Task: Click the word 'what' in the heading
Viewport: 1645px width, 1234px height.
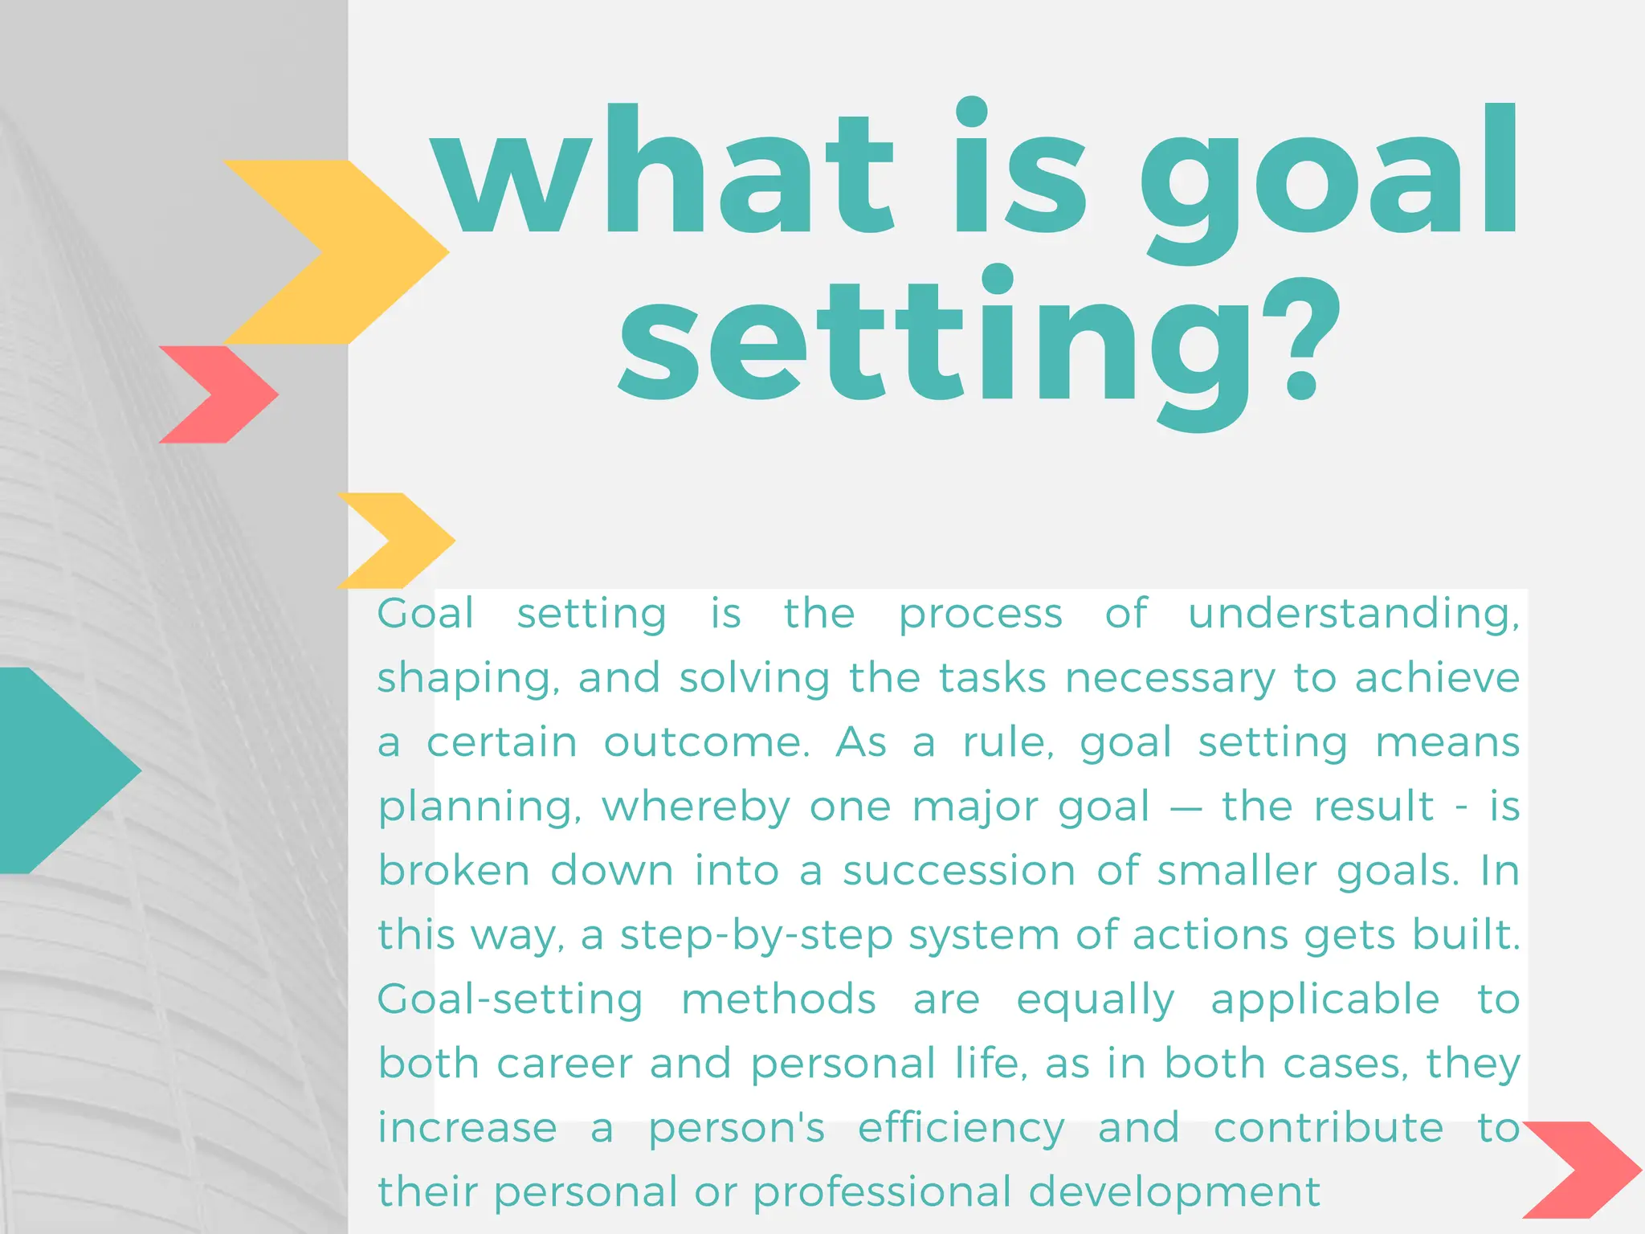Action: [663, 173]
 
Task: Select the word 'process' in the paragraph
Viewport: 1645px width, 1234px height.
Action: [981, 615]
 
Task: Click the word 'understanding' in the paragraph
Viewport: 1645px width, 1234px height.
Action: [1353, 614]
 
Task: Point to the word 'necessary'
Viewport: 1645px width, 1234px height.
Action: [1169, 680]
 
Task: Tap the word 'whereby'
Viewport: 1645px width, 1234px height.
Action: [696, 808]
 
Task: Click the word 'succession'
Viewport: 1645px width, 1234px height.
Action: [959, 871]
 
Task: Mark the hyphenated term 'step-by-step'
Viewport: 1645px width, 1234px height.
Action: [757, 937]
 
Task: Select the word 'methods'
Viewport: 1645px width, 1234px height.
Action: [778, 999]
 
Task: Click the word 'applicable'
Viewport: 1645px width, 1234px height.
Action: [1325, 1001]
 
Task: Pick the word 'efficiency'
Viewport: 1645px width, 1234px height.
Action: [961, 1130]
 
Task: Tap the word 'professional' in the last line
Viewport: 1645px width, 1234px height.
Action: [881, 1192]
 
